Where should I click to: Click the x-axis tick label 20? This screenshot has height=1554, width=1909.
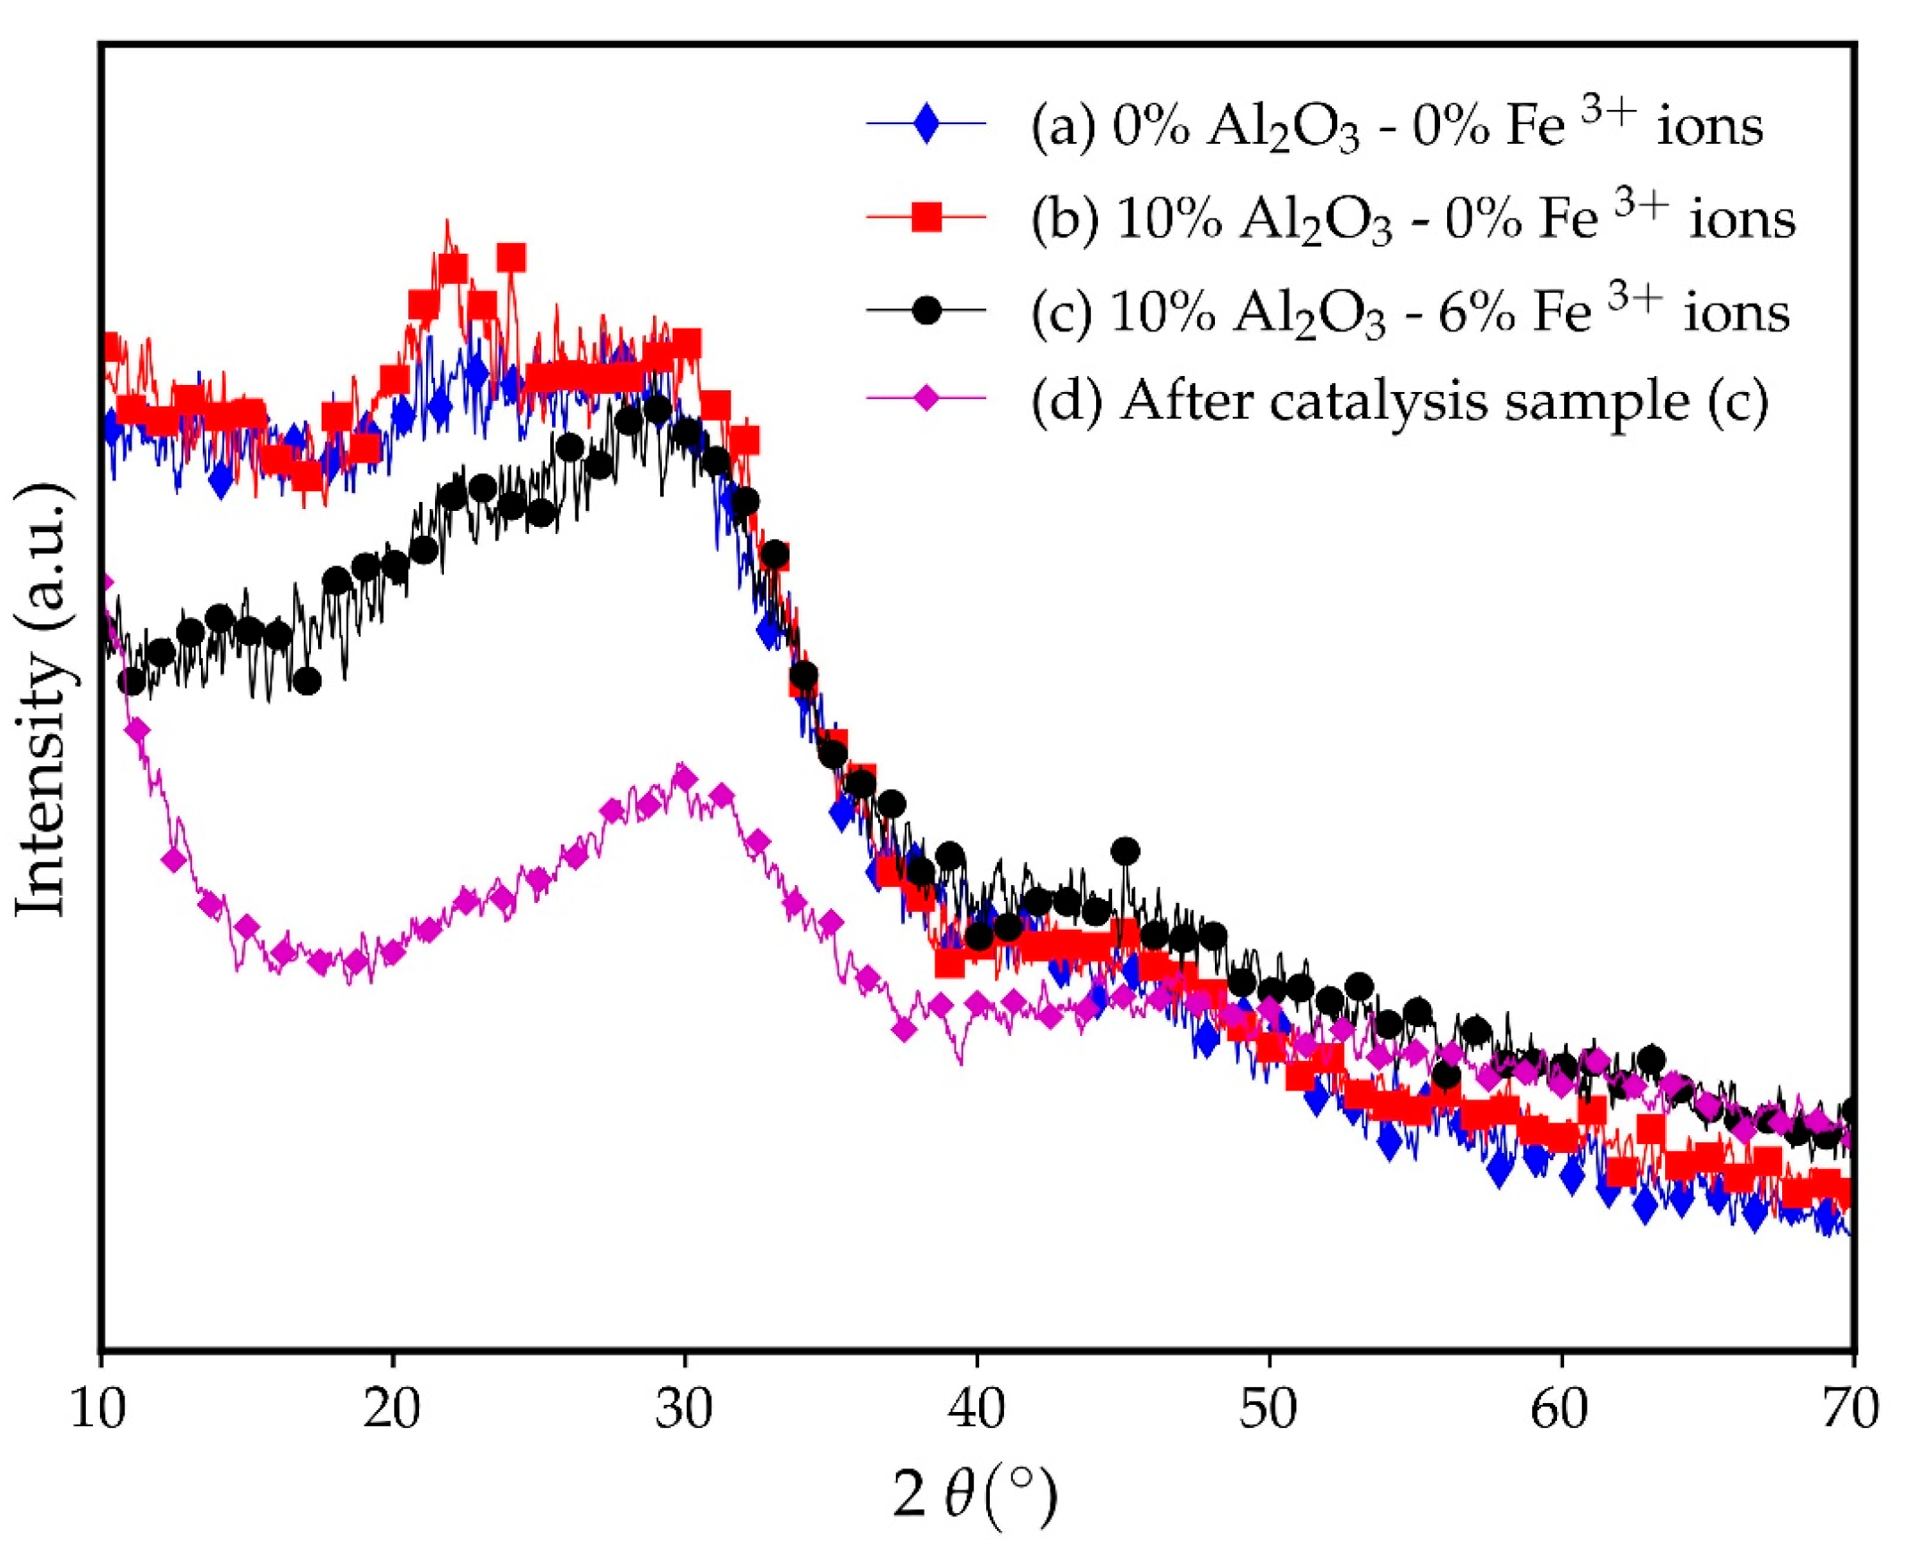point(392,1409)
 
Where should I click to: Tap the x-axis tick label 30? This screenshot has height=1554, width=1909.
point(684,1409)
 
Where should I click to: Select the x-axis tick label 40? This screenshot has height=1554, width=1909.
point(976,1409)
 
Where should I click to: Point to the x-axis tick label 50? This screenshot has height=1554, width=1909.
point(1268,1409)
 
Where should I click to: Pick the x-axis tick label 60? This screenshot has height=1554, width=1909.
point(1560,1409)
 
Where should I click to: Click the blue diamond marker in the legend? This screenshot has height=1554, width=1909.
point(925,124)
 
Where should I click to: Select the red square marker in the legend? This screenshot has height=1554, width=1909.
point(925,218)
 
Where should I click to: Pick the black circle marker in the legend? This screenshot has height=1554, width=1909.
point(925,311)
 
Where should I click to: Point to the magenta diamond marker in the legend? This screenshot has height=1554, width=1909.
point(925,399)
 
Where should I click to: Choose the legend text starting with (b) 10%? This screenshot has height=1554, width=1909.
point(1412,220)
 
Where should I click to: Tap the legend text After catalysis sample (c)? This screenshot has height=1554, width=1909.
point(1399,401)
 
